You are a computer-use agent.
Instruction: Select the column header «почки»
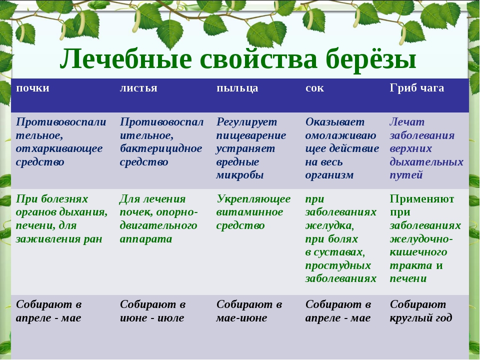pyautogui.click(x=33, y=88)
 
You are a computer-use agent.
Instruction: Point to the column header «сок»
pyautogui.click(x=314, y=88)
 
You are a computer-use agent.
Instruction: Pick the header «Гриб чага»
pyautogui.click(x=417, y=88)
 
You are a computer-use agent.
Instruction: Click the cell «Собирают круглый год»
pyautogui.click(x=421, y=311)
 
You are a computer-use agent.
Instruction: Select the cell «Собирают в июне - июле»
pyautogui.click(x=152, y=311)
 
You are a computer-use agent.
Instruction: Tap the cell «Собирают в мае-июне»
pyautogui.click(x=249, y=311)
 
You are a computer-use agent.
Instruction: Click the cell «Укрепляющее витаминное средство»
pyautogui.click(x=253, y=212)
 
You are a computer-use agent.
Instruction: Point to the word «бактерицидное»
pyautogui.click(x=160, y=149)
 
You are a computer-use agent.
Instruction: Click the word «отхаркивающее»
pyautogui.click(x=59, y=149)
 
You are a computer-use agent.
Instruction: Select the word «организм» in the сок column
pyautogui.click(x=329, y=175)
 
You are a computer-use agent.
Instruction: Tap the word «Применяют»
pyautogui.click(x=422, y=199)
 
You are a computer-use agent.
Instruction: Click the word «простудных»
pyautogui.click(x=338, y=265)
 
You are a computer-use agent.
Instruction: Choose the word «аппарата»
pyautogui.click(x=145, y=239)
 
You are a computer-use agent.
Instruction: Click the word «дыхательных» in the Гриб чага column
pyautogui.click(x=426, y=162)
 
